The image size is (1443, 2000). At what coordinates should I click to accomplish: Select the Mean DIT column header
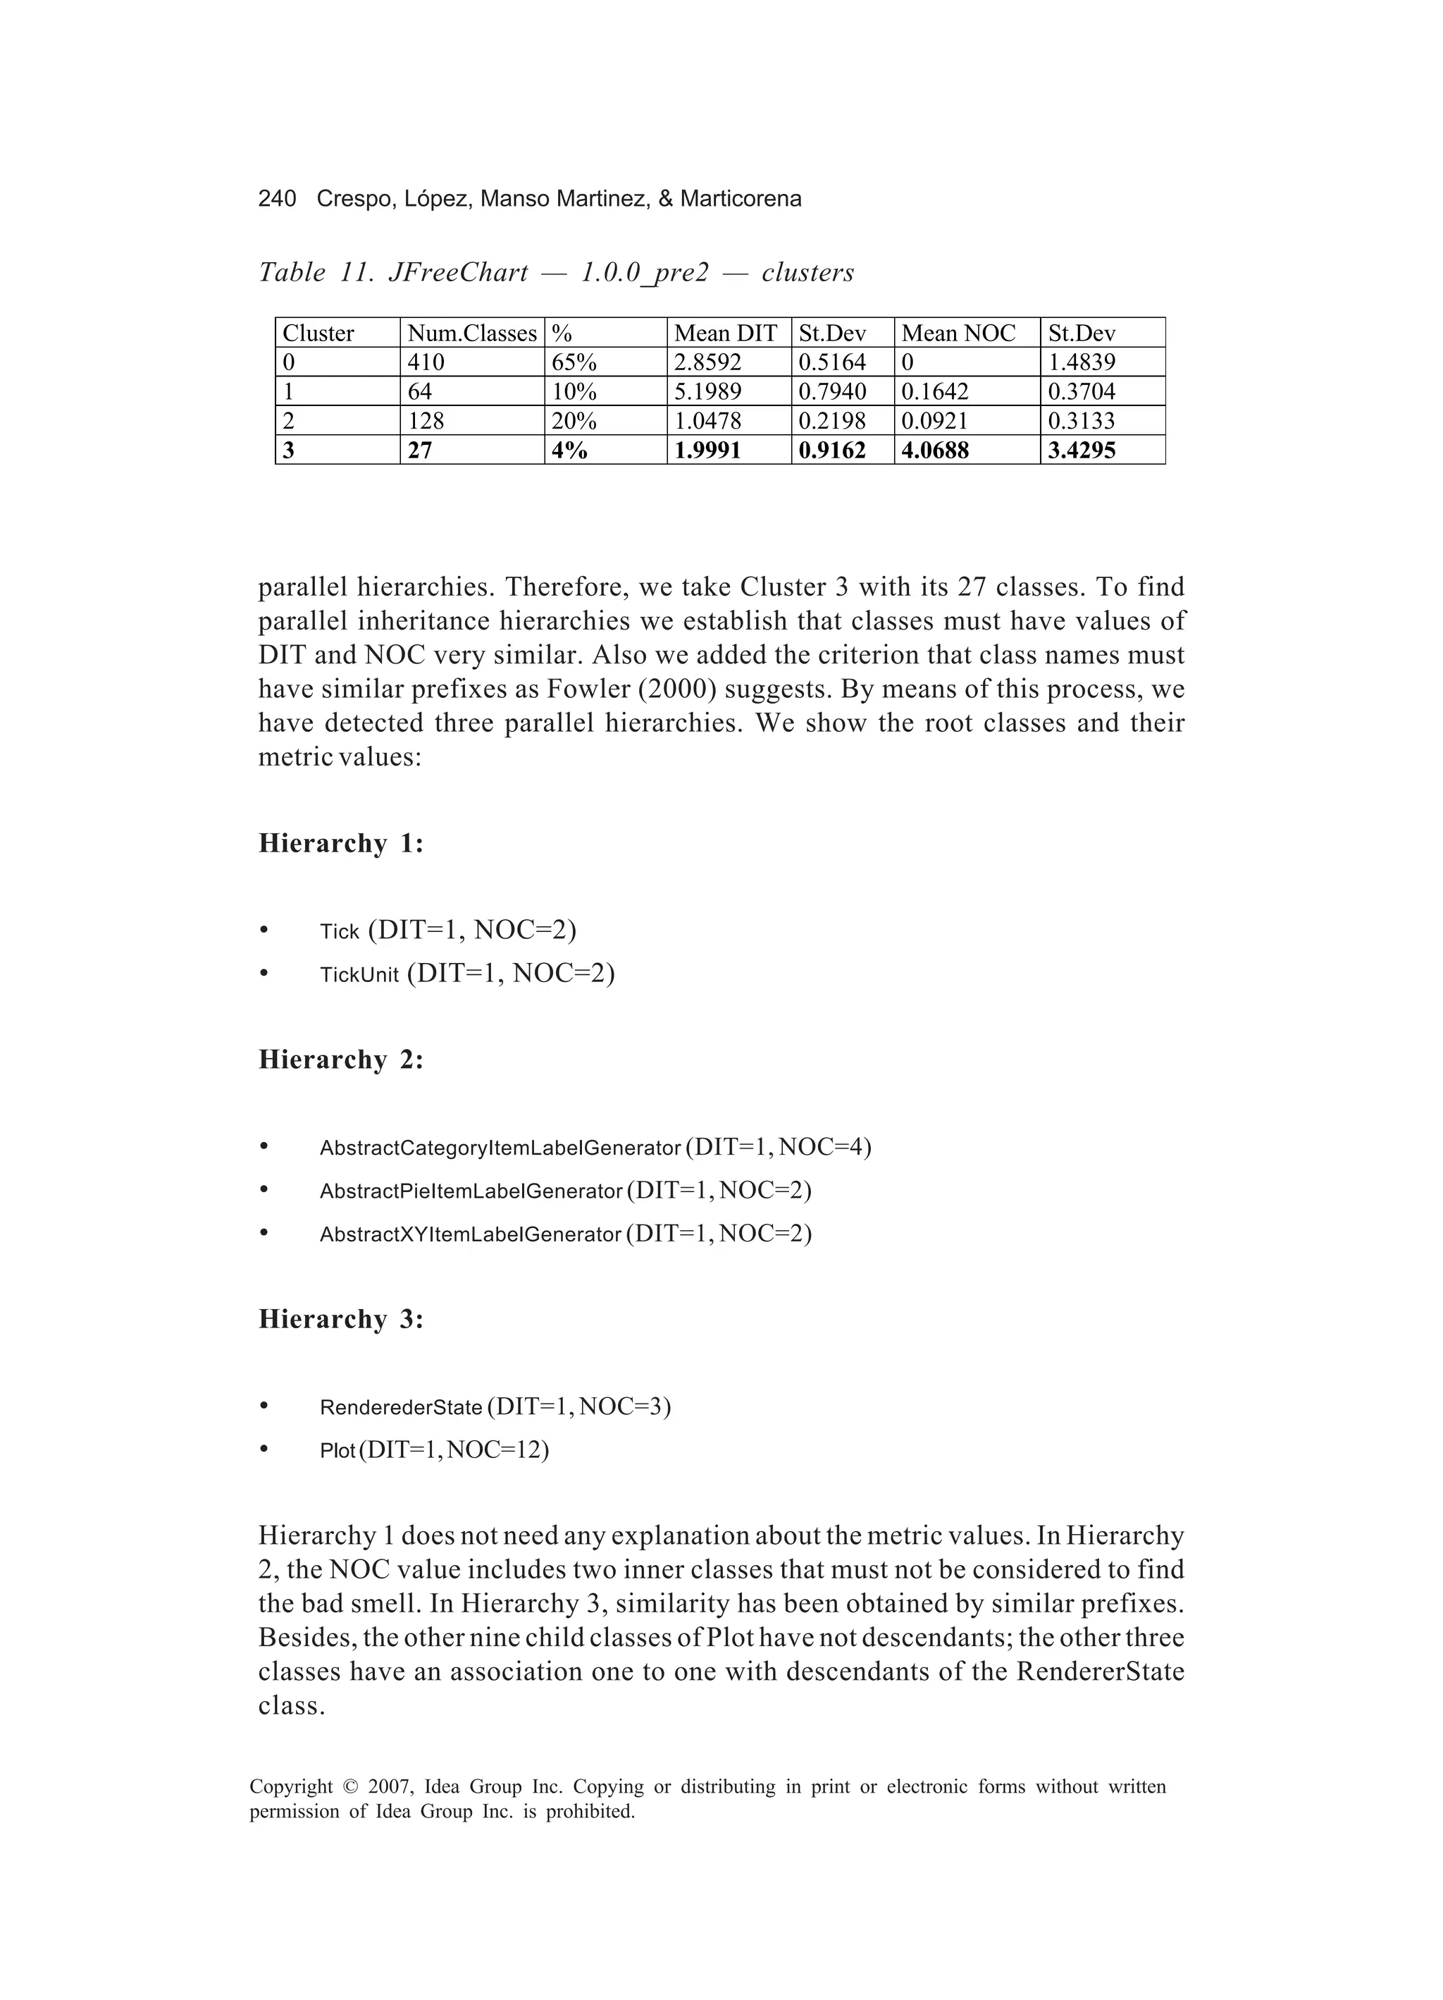tap(724, 333)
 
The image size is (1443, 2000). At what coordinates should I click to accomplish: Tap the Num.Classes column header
tap(471, 333)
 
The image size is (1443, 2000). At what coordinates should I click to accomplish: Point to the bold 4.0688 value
tap(934, 450)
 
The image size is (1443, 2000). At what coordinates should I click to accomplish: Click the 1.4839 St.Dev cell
tap(1081, 362)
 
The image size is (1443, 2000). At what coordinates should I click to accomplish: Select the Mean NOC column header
tap(958, 333)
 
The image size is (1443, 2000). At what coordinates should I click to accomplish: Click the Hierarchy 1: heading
tap(340, 844)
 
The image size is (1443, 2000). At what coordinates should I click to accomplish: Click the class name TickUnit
tap(359, 975)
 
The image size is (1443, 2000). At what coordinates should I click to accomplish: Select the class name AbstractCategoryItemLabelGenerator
tap(500, 1148)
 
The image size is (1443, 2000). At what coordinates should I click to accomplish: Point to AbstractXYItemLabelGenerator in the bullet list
tap(470, 1234)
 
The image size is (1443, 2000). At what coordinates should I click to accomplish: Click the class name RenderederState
tap(400, 1407)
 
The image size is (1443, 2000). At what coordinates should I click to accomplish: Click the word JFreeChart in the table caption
tap(457, 273)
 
